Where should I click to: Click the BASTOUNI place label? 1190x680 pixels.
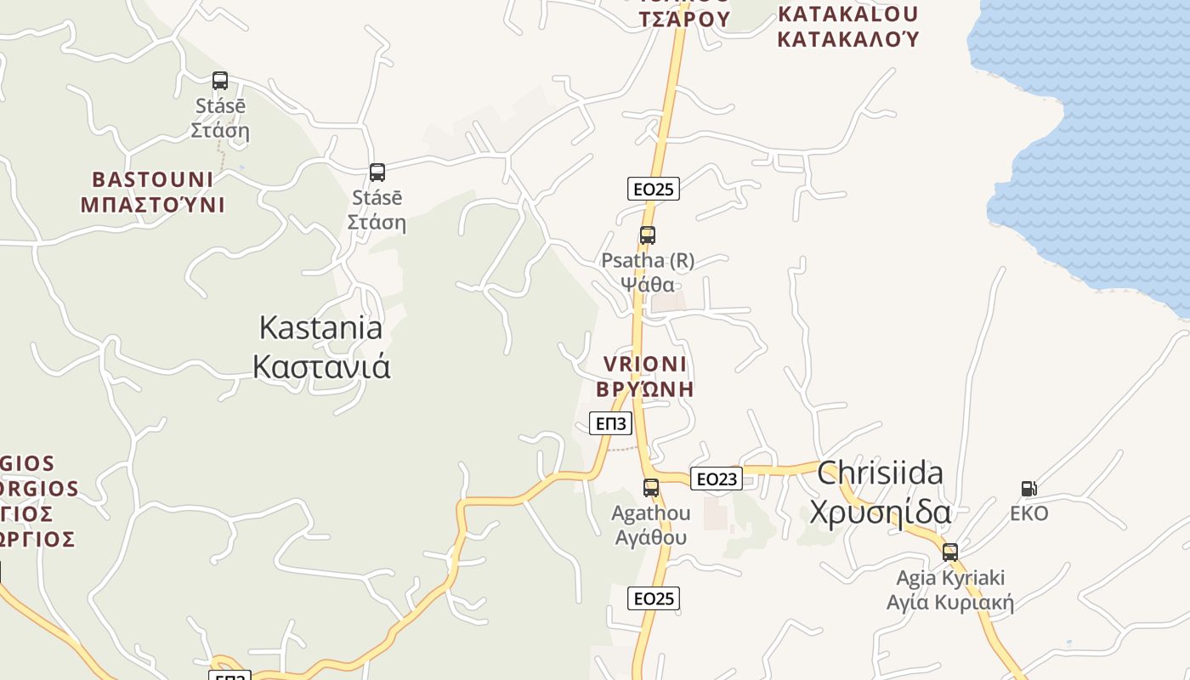pos(153,179)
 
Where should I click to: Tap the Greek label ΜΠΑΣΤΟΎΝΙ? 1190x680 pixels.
pos(153,205)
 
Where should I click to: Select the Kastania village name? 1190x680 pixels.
pos(320,327)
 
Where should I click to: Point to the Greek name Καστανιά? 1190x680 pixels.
pos(322,366)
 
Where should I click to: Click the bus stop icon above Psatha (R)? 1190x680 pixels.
pos(648,235)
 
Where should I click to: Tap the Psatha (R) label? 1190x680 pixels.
pos(648,260)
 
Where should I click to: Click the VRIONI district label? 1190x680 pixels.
pos(644,364)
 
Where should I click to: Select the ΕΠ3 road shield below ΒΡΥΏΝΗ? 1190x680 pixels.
pos(610,423)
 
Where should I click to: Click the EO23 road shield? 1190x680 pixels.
pos(716,479)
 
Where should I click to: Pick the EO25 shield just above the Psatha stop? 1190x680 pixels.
pos(653,189)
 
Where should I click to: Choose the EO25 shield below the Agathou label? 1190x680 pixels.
pos(653,598)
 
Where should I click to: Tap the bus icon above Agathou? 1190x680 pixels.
pos(651,488)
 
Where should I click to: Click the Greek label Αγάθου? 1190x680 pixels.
pos(650,537)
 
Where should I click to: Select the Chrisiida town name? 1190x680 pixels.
pos(880,473)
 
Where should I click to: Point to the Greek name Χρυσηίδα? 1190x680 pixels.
pos(880,512)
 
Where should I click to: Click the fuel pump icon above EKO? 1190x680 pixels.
pos(1028,489)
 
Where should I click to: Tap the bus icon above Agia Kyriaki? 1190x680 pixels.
pos(950,552)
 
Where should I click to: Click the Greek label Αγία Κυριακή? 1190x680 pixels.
pos(950,603)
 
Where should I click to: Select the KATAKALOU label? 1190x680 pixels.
pos(847,14)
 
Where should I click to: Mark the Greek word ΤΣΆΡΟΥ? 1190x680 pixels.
pos(685,19)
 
